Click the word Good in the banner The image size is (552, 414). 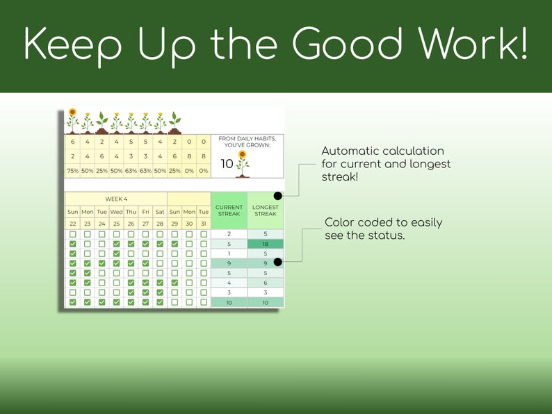(x=347, y=43)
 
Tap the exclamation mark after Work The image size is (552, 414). (x=523, y=43)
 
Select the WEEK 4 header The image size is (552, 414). (x=116, y=199)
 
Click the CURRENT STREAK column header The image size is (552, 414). (x=229, y=210)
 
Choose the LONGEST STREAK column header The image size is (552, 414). (x=266, y=210)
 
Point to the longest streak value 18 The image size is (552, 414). (x=266, y=244)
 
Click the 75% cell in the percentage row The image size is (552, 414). (x=73, y=171)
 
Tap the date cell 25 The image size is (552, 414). (x=117, y=224)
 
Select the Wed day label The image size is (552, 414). (x=117, y=212)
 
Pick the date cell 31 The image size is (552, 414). (x=204, y=224)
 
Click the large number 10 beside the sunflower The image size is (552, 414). (x=227, y=163)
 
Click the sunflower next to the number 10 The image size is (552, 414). (x=242, y=164)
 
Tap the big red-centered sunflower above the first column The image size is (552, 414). (x=72, y=121)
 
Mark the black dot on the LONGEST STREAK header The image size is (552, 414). (x=278, y=196)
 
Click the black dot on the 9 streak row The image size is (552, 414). (x=278, y=262)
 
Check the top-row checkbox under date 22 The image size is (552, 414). (x=73, y=234)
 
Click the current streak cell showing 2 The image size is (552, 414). (x=229, y=234)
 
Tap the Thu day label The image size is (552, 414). (x=131, y=212)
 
